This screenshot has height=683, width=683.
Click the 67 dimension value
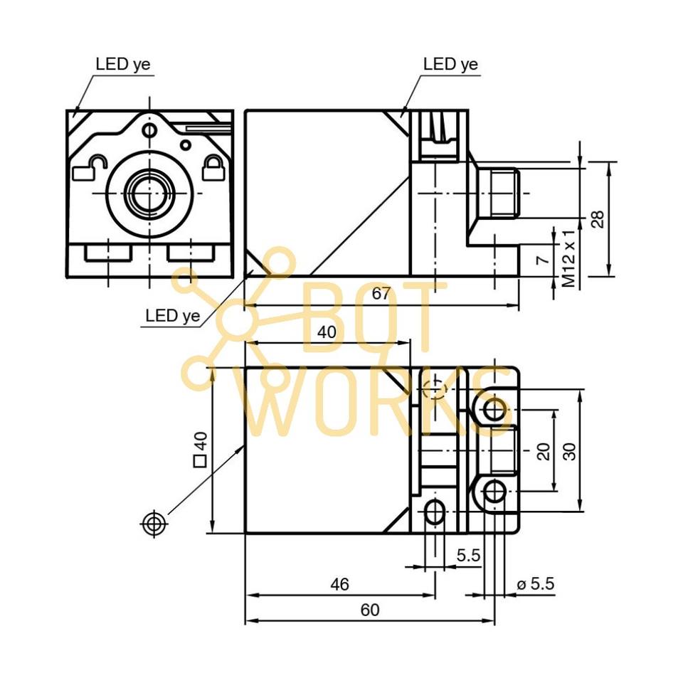(x=381, y=294)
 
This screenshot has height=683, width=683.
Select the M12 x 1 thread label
(x=568, y=258)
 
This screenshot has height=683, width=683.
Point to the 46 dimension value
(x=340, y=584)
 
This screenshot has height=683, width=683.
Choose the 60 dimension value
(x=370, y=610)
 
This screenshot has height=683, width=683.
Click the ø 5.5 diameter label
(x=535, y=583)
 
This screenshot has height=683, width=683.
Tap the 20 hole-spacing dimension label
(x=544, y=451)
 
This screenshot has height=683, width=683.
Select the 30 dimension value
(x=569, y=451)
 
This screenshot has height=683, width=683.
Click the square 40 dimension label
(x=201, y=450)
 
